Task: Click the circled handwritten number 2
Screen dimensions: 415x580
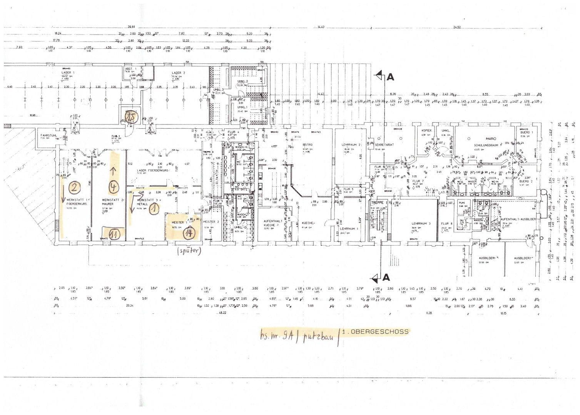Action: point(74,188)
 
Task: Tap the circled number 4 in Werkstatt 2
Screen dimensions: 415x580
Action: point(114,187)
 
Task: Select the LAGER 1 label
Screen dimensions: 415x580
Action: point(68,72)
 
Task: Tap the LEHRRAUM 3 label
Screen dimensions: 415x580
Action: point(421,223)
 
